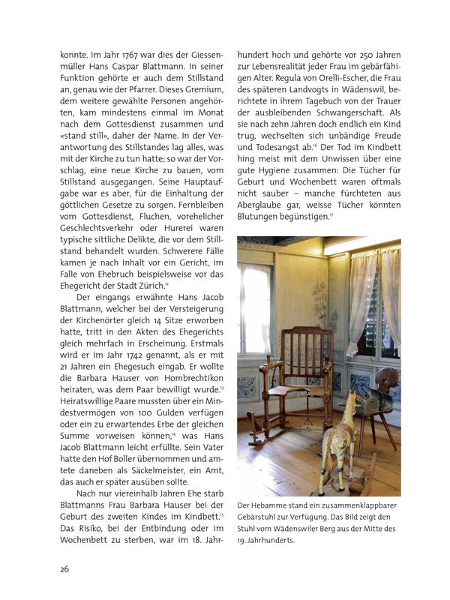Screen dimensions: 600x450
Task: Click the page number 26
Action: tap(65, 569)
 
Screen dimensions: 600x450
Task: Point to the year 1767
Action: tap(123, 55)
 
